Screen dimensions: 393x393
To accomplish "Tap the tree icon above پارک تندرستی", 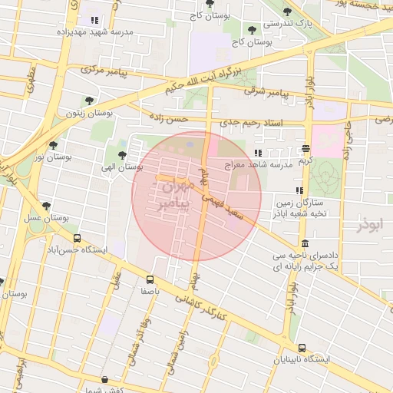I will pyautogui.click(x=287, y=12).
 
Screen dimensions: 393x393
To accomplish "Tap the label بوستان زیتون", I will pyautogui.click(x=90, y=113).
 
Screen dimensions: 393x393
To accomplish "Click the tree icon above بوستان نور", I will pyautogui.click(x=53, y=144).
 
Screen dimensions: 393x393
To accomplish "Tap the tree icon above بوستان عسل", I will pyautogui.click(x=47, y=206).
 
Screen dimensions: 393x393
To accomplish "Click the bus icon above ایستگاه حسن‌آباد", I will pyautogui.click(x=77, y=239).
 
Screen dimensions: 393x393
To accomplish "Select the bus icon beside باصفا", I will pyautogui.click(x=149, y=280).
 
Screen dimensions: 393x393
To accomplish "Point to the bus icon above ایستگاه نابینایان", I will pyautogui.click(x=302, y=347).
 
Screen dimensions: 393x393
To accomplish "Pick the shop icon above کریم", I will pyautogui.click(x=305, y=148).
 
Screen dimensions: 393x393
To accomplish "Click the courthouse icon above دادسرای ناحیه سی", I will pyautogui.click(x=305, y=243).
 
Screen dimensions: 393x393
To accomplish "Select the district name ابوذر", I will pyautogui.click(x=369, y=224).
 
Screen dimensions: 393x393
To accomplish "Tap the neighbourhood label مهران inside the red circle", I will pyautogui.click(x=167, y=187).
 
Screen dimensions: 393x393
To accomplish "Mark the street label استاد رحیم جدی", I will pyautogui.click(x=251, y=123).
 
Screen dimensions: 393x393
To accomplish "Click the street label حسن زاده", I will pyautogui.click(x=169, y=119).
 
